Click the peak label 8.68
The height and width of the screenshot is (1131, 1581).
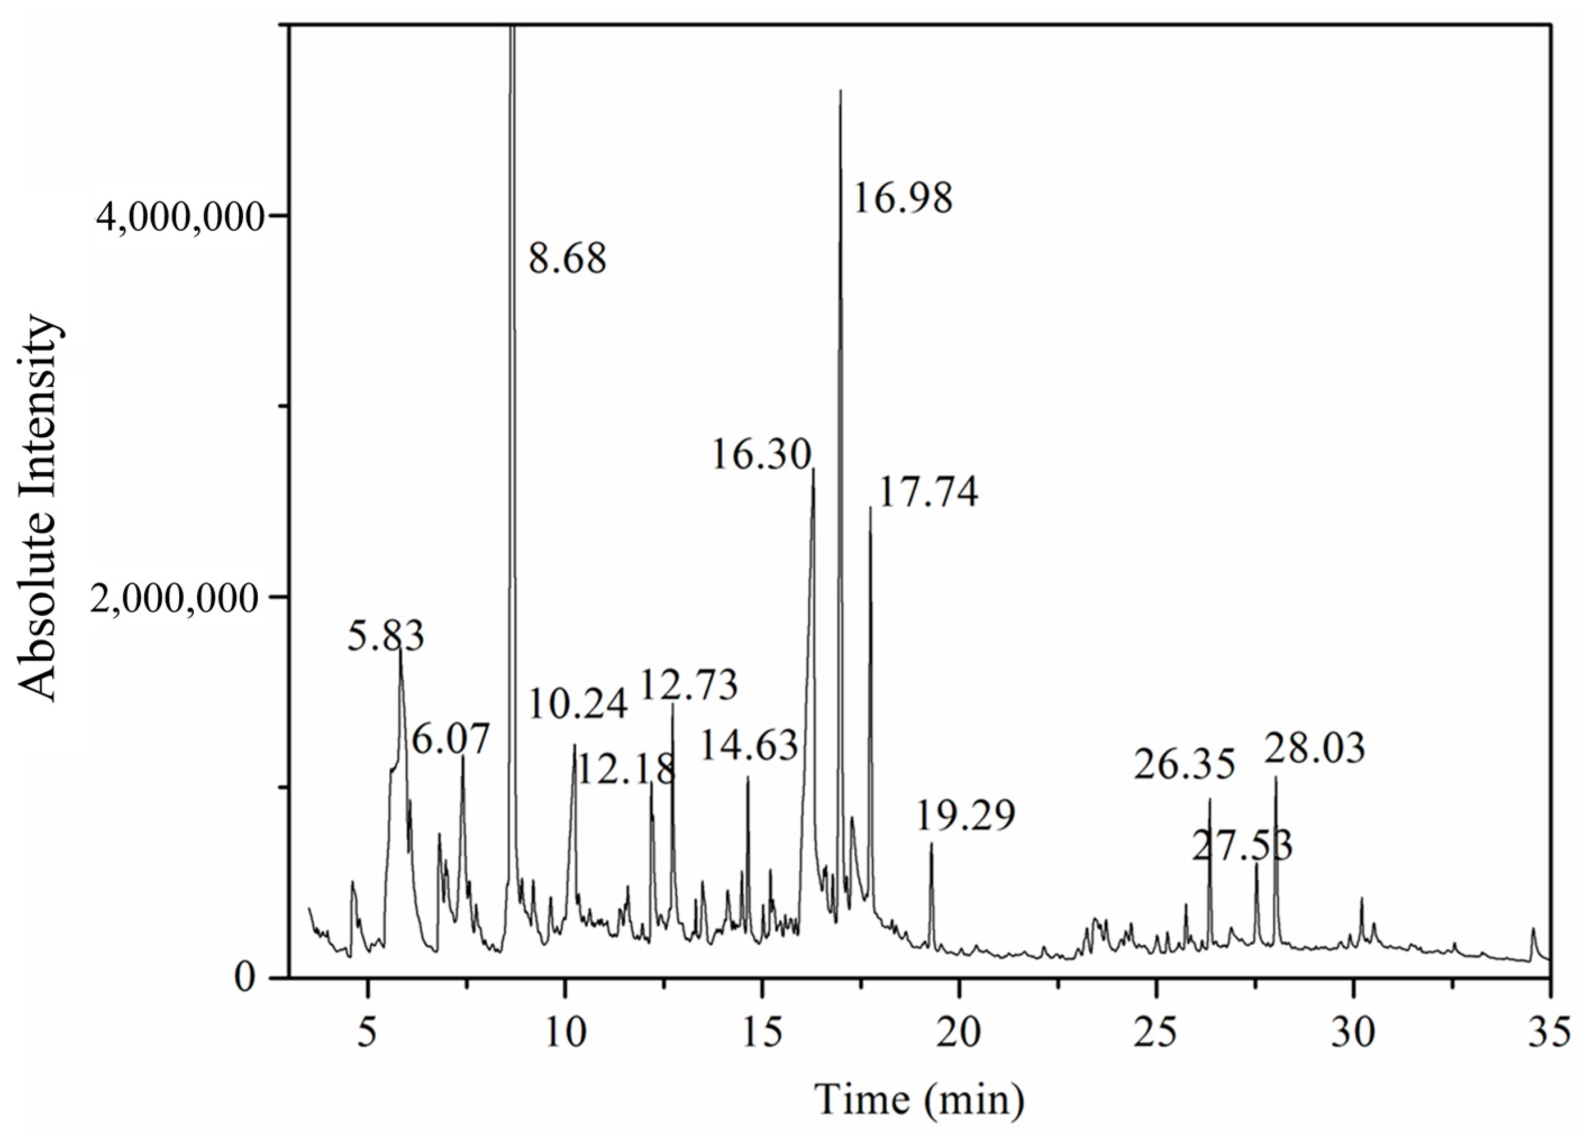pyautogui.click(x=567, y=259)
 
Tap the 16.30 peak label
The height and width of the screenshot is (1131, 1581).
pyautogui.click(x=762, y=456)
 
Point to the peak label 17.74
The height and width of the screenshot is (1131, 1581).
pyautogui.click(x=928, y=493)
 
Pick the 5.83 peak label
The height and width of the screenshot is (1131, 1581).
pyautogui.click(x=386, y=637)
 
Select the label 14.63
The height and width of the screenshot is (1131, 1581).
pyautogui.click(x=749, y=746)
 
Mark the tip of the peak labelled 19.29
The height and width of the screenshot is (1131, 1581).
pyautogui.click(x=931, y=844)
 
